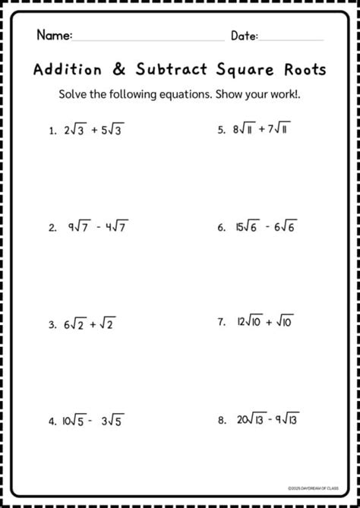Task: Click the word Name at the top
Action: [53, 35]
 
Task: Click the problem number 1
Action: [50, 131]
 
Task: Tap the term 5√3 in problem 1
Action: [110, 130]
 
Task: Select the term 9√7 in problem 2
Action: [79, 226]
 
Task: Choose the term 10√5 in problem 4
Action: [75, 421]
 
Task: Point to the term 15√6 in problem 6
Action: [249, 226]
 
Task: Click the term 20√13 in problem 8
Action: [251, 419]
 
